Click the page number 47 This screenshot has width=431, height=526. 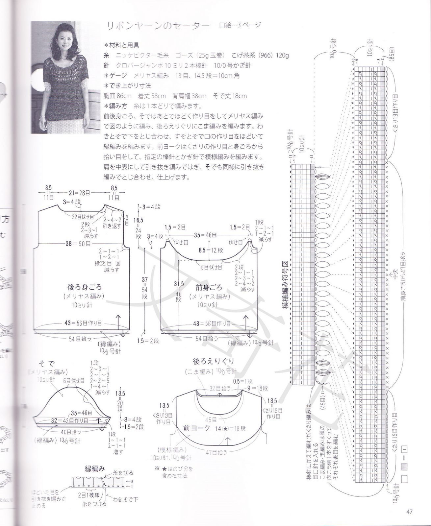click(409, 512)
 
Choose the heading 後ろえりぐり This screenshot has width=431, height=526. click(213, 361)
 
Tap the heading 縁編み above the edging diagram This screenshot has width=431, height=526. click(95, 469)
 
